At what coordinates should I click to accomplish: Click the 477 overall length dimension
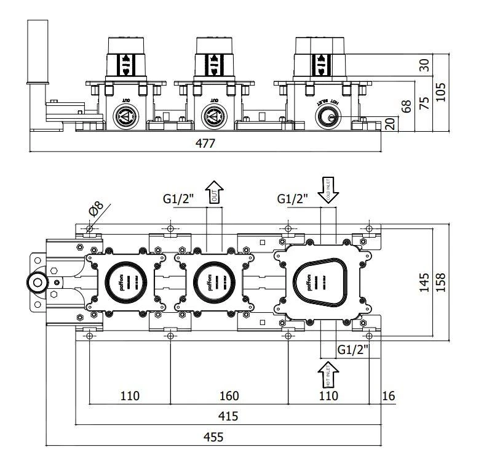pyautogui.click(x=205, y=143)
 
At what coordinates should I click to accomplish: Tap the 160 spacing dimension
pyautogui.click(x=228, y=395)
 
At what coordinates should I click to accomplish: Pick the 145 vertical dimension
pyautogui.click(x=424, y=283)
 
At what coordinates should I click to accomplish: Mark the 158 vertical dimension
pyautogui.click(x=440, y=283)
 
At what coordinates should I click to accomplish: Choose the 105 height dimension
pyautogui.click(x=440, y=92)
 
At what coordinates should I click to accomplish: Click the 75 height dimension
pyautogui.click(x=424, y=103)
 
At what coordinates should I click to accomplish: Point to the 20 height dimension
pyautogui.click(x=390, y=123)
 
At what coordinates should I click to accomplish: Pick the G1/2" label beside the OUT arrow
pyautogui.click(x=178, y=199)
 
